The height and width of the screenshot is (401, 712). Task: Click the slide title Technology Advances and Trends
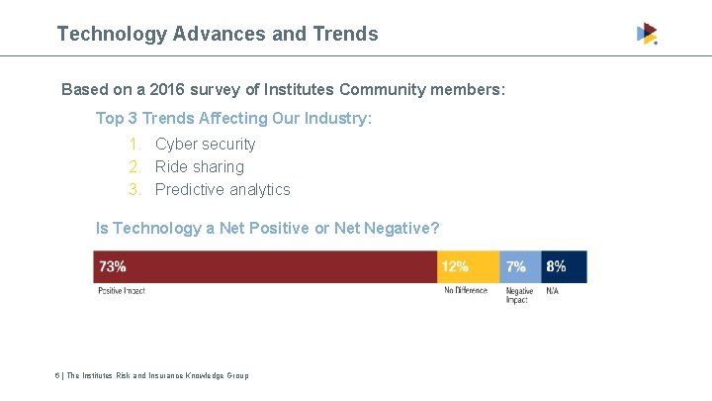pos(218,34)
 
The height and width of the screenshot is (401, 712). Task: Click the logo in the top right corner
pos(647,34)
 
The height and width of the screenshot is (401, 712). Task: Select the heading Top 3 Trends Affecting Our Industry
pos(233,118)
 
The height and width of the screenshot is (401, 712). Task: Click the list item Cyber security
pos(205,144)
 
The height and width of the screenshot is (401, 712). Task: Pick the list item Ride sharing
pos(199,166)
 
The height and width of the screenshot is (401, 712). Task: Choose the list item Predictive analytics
pos(222,189)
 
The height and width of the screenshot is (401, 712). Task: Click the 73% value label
pos(112,266)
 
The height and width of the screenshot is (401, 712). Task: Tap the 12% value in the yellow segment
pos(455,266)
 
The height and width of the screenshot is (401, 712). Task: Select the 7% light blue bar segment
pos(519,266)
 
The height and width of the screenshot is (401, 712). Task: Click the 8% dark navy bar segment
pos(563,266)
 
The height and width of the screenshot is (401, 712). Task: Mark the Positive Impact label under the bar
pos(122,290)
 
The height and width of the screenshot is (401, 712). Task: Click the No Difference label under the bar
pos(466,290)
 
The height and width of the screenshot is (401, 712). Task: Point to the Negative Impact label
pos(519,295)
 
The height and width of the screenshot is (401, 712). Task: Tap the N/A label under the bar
pos(552,290)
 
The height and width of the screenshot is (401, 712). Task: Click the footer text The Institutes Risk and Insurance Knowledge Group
pos(157,375)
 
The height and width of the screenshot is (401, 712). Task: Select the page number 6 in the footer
pos(58,375)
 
